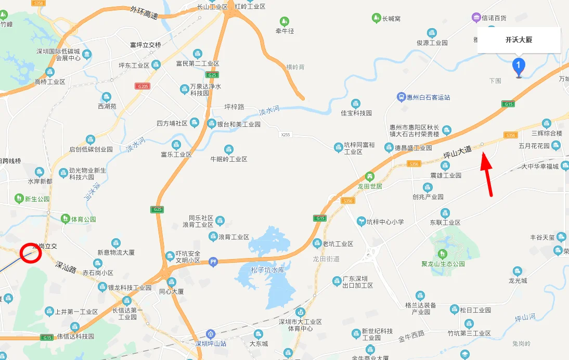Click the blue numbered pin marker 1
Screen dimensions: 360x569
pyautogui.click(x=518, y=67)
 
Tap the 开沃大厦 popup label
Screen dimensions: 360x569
pyautogui.click(x=519, y=40)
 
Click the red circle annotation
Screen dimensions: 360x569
pyautogui.click(x=31, y=253)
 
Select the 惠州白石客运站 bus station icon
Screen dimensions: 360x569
pyautogui.click(x=401, y=97)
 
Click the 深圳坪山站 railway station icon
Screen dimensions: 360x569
pyautogui.click(x=210, y=333)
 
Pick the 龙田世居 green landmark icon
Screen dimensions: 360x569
pyautogui.click(x=370, y=176)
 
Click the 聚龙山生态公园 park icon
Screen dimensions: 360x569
pyautogui.click(x=442, y=253)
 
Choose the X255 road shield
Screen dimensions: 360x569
pyautogui.click(x=284, y=135)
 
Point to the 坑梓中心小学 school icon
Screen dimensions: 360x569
pyautogui.click(x=360, y=222)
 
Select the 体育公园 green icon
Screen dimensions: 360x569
pyautogui.click(x=65, y=219)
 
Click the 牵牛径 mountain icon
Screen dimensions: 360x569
pyautogui.click(x=284, y=21)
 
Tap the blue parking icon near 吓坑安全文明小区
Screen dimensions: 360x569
pyautogui.click(x=212, y=262)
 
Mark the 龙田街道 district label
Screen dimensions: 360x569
pyautogui.click(x=326, y=259)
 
